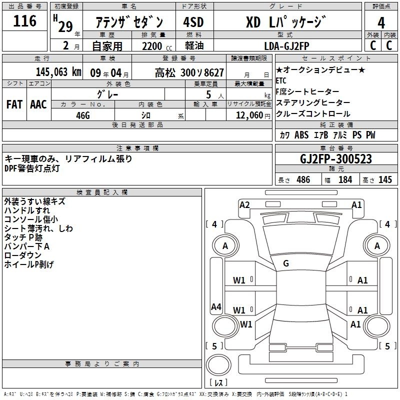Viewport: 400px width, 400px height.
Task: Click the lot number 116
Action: [x=24, y=21]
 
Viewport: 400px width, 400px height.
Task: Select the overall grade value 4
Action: [x=381, y=23]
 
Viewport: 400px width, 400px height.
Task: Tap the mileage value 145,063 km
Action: [x=58, y=72]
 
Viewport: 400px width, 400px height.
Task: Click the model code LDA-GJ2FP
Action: [x=286, y=46]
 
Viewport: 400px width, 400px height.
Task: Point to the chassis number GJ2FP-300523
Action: [x=336, y=159]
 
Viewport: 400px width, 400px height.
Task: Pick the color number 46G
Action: [x=83, y=115]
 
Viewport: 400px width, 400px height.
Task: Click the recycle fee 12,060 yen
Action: [x=253, y=115]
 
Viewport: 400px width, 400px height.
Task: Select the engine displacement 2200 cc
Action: [x=157, y=46]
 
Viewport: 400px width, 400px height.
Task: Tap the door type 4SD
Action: [x=193, y=22]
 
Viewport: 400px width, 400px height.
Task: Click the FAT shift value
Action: [x=14, y=104]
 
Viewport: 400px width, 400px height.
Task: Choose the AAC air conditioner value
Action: [x=38, y=104]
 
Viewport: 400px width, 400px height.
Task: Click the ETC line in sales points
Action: [x=281, y=80]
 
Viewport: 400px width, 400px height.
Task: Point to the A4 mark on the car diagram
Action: [x=216, y=306]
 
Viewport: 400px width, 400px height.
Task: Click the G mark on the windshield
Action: [x=286, y=263]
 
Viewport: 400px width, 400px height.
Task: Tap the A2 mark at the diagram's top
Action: [x=244, y=205]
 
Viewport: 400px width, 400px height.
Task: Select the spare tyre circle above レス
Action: [x=218, y=365]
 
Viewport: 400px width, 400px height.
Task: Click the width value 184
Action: [x=345, y=180]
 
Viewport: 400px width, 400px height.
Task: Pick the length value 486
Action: [x=303, y=180]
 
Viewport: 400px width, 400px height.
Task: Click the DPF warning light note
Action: [x=32, y=168]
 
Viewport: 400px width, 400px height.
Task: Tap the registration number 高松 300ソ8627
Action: [x=189, y=73]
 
